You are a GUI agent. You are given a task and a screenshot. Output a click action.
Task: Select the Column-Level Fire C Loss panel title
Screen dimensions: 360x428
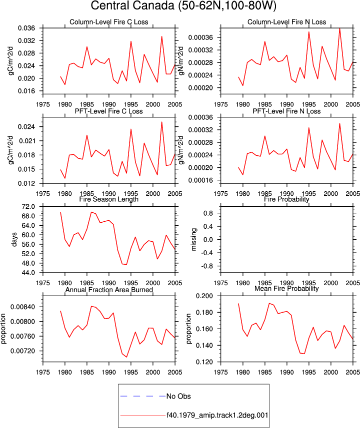tap(109, 22)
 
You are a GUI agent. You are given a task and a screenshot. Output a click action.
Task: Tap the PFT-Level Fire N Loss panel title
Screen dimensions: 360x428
tap(286, 111)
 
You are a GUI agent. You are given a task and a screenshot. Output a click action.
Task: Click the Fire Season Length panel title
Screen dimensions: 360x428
tap(109, 199)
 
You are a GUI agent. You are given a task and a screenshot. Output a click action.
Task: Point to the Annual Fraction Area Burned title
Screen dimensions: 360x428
tap(109, 290)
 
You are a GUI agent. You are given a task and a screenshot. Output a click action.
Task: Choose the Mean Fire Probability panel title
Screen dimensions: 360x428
tap(286, 289)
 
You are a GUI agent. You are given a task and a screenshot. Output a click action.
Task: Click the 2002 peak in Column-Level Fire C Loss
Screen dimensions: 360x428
tap(162, 36)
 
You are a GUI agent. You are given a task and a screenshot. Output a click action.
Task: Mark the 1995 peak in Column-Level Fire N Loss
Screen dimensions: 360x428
tap(309, 31)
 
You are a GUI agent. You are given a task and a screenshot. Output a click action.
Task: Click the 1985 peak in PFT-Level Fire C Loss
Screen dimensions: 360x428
tap(87, 135)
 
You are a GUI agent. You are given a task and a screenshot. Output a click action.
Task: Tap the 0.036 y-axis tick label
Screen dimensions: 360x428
tap(26, 28)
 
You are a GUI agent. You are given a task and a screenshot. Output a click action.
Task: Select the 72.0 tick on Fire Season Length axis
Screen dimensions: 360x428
tap(28, 207)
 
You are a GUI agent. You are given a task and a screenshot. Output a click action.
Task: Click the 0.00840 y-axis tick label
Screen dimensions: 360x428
tap(22, 307)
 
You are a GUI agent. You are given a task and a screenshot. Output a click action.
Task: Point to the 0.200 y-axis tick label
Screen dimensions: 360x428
tap(204, 296)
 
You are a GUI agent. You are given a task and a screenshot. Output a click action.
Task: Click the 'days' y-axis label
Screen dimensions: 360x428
tap(14, 239)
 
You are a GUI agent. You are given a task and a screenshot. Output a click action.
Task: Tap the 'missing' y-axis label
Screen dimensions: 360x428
tap(193, 239)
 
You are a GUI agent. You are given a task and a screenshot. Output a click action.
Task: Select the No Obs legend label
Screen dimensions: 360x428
tap(178, 396)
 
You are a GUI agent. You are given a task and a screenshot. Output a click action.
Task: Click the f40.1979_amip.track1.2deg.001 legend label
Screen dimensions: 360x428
tap(217, 415)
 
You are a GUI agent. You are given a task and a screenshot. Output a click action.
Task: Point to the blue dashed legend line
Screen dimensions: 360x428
tap(143, 396)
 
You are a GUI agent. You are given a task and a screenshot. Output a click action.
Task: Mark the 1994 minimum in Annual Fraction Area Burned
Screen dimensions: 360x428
tap(126, 357)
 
